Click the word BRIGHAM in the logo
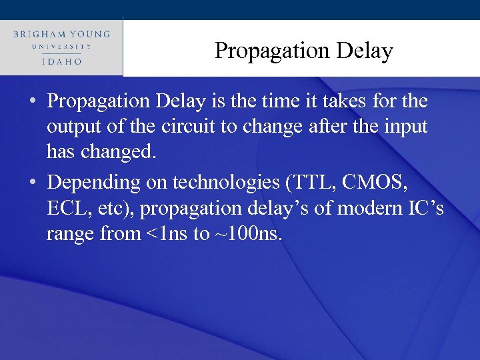point(39,34)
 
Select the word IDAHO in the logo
point(61,61)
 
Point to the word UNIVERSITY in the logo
point(61,47)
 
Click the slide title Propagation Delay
point(303,51)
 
